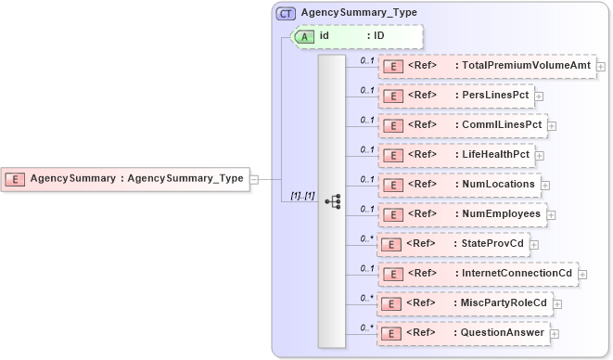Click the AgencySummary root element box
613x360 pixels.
tap(126, 178)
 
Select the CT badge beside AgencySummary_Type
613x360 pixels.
tap(286, 13)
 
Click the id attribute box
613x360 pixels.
tap(357, 36)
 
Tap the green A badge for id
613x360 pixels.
tap(304, 36)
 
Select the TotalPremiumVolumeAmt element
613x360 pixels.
tap(486, 67)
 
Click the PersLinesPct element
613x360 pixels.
tap(454, 96)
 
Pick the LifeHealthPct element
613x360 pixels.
tap(455, 155)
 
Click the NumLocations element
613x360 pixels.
tap(459, 185)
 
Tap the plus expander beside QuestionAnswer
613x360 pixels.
tap(555, 333)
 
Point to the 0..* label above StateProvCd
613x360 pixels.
tap(366, 238)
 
